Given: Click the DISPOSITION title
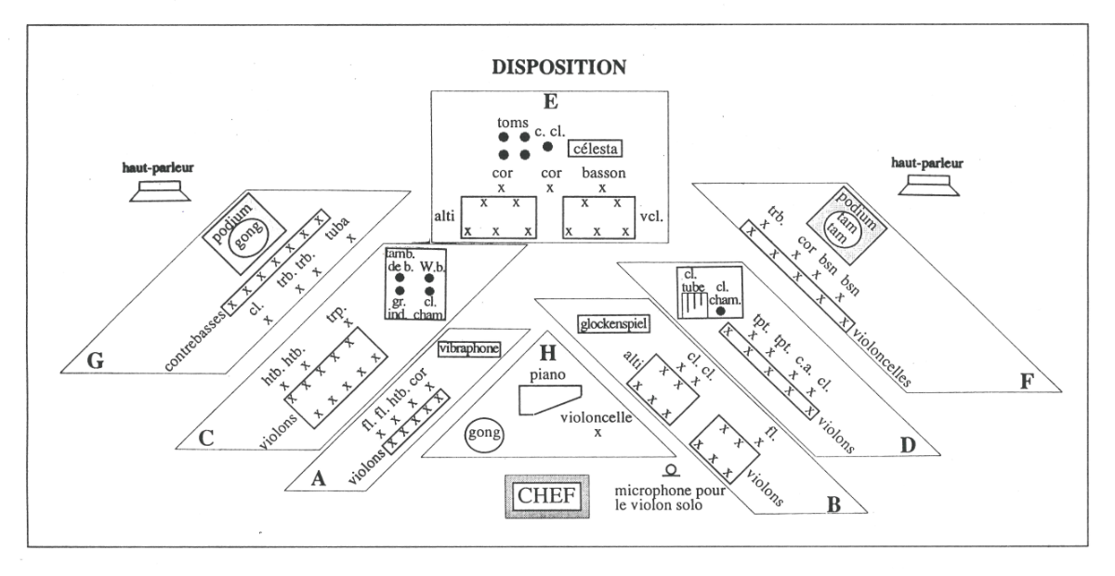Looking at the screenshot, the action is click(559, 68).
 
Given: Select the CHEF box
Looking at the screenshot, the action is click(547, 496).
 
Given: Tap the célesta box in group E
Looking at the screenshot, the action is click(596, 149).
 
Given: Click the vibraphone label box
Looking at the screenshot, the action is click(469, 348).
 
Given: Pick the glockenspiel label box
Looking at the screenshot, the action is click(614, 324).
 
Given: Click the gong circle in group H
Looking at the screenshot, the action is click(484, 434).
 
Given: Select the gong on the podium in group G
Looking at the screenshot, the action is click(248, 234).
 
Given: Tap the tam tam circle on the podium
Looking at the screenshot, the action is click(846, 227).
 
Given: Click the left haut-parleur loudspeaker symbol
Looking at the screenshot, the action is click(160, 191).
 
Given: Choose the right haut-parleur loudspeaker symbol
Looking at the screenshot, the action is click(929, 185).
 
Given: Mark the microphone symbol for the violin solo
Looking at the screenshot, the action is click(671, 470).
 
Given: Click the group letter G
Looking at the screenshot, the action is click(95, 360).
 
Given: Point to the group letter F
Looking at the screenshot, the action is click(1027, 381).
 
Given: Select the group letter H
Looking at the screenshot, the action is click(547, 353).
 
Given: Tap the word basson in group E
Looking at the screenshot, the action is click(604, 173).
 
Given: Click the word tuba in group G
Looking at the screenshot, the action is click(337, 228).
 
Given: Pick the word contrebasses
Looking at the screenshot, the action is click(194, 341).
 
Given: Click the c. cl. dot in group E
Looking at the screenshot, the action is click(547, 147).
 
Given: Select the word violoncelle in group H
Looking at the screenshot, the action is click(597, 417).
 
